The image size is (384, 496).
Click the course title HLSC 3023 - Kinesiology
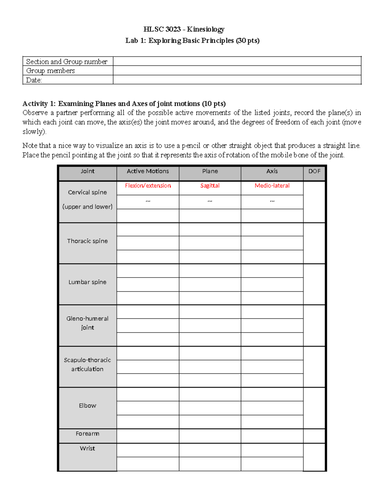click(x=184, y=29)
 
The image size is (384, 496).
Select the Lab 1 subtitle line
click(x=192, y=41)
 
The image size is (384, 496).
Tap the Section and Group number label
click(x=67, y=62)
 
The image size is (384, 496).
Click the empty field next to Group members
click(x=237, y=71)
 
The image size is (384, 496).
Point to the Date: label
click(x=34, y=80)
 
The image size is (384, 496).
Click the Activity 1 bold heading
click(x=124, y=103)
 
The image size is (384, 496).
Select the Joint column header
click(x=87, y=171)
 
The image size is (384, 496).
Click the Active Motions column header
click(x=148, y=171)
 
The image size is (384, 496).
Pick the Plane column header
click(x=210, y=171)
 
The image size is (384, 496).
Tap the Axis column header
click(x=272, y=171)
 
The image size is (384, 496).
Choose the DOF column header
click(x=314, y=171)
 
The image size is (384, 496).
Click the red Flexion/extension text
click(x=148, y=186)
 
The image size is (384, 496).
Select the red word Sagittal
click(x=210, y=186)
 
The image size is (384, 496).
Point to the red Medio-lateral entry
click(x=272, y=186)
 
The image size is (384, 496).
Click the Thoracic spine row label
click(x=87, y=241)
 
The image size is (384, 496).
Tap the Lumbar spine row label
click(x=87, y=282)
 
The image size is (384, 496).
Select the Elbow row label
click(x=87, y=406)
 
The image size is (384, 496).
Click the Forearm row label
click(x=87, y=434)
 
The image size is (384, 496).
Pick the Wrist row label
click(x=87, y=448)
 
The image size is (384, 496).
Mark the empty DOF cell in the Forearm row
click(x=314, y=436)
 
